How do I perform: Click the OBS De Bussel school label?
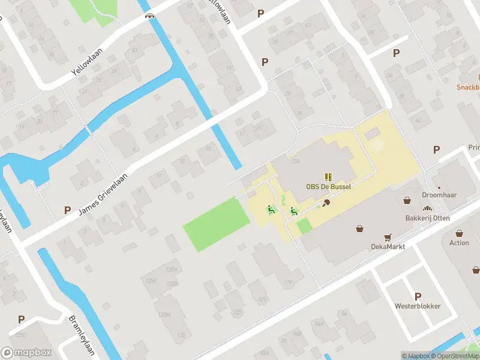tap(328, 187)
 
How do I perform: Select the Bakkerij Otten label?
tap(428, 217)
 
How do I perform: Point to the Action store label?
tap(459, 243)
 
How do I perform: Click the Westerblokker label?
tap(418, 306)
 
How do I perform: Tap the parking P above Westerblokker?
tap(418, 296)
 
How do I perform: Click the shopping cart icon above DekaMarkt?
tap(387, 237)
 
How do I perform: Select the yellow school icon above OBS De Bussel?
tap(328, 176)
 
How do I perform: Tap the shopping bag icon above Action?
tap(459, 233)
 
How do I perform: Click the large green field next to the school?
tap(216, 225)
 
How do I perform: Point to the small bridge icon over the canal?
tap(150, 16)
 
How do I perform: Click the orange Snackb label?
tap(469, 87)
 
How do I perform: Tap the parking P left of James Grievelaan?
tap(67, 211)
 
